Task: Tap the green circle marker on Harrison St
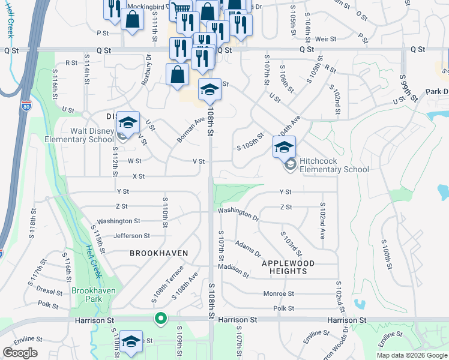(x=160, y=318)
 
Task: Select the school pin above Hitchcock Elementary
(x=284, y=146)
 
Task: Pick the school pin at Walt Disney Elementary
(x=127, y=122)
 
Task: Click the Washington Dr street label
(x=238, y=214)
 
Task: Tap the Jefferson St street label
(x=131, y=236)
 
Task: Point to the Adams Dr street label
(x=249, y=248)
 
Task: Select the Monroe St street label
(x=279, y=294)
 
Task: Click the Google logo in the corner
(x=20, y=352)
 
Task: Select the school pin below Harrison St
(x=131, y=341)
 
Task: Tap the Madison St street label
(x=234, y=271)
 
